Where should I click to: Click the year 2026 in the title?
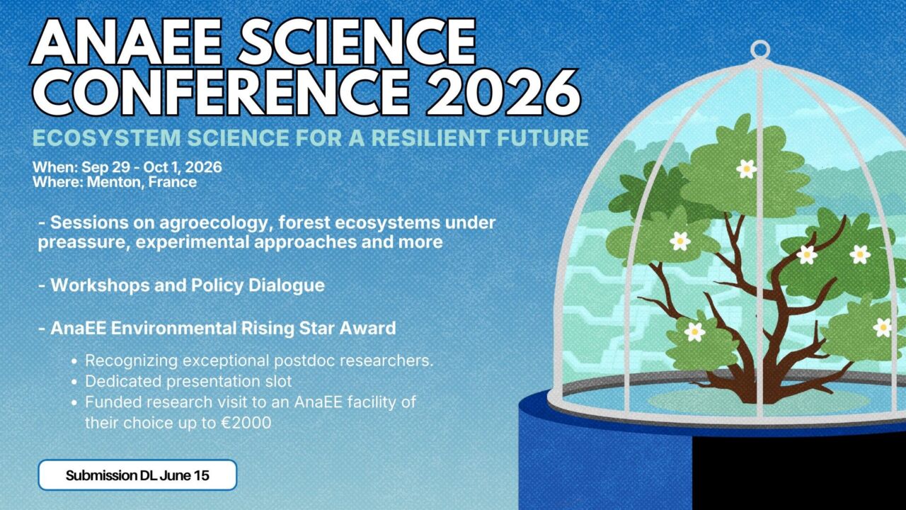click(504, 93)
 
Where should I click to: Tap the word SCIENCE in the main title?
click(357, 42)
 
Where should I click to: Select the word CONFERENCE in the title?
click(221, 93)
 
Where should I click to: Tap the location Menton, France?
click(142, 182)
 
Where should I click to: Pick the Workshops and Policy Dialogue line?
click(182, 285)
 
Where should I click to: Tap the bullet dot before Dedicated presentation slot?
click(74, 382)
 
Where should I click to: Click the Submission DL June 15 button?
click(137, 475)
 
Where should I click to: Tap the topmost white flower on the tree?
click(746, 169)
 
